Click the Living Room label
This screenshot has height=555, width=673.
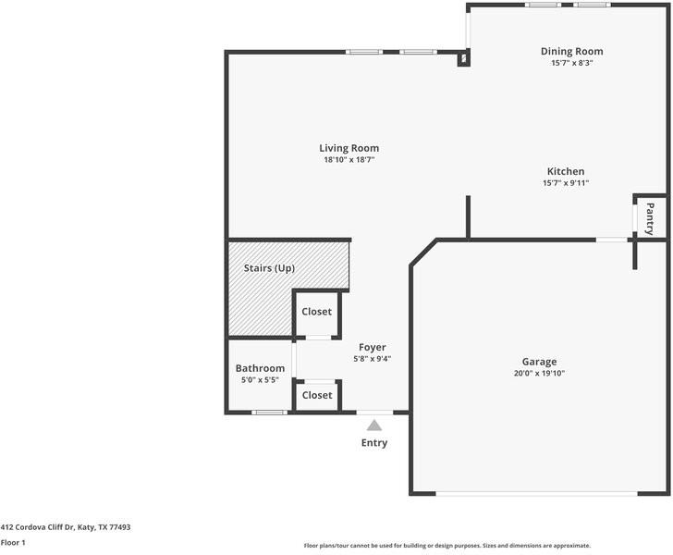pos(349,148)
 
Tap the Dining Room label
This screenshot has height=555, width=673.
pos(571,52)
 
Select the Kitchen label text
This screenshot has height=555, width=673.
pos(565,171)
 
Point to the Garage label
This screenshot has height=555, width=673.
pos(539,362)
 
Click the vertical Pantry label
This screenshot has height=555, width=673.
pos(650,218)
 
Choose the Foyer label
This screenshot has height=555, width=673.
pos(373,348)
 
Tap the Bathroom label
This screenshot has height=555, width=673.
pos(260,368)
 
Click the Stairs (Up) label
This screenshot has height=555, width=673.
pos(269,268)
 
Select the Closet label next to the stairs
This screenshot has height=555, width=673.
pos(317,312)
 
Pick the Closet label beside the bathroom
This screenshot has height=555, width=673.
pos(317,395)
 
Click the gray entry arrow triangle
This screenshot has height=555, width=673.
pos(374,425)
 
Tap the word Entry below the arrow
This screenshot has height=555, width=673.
pos(374,443)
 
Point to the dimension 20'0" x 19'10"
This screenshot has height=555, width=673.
pos(539,374)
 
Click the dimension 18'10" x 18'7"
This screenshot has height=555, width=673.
pos(349,160)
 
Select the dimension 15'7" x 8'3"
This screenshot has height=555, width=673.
pos(571,64)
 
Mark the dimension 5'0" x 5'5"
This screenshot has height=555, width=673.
pos(260,380)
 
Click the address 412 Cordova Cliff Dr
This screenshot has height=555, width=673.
pos(65,527)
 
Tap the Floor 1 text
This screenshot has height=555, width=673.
pos(13,543)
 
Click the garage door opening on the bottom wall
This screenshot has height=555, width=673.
pos(537,493)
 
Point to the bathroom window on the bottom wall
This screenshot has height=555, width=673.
pos(269,412)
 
